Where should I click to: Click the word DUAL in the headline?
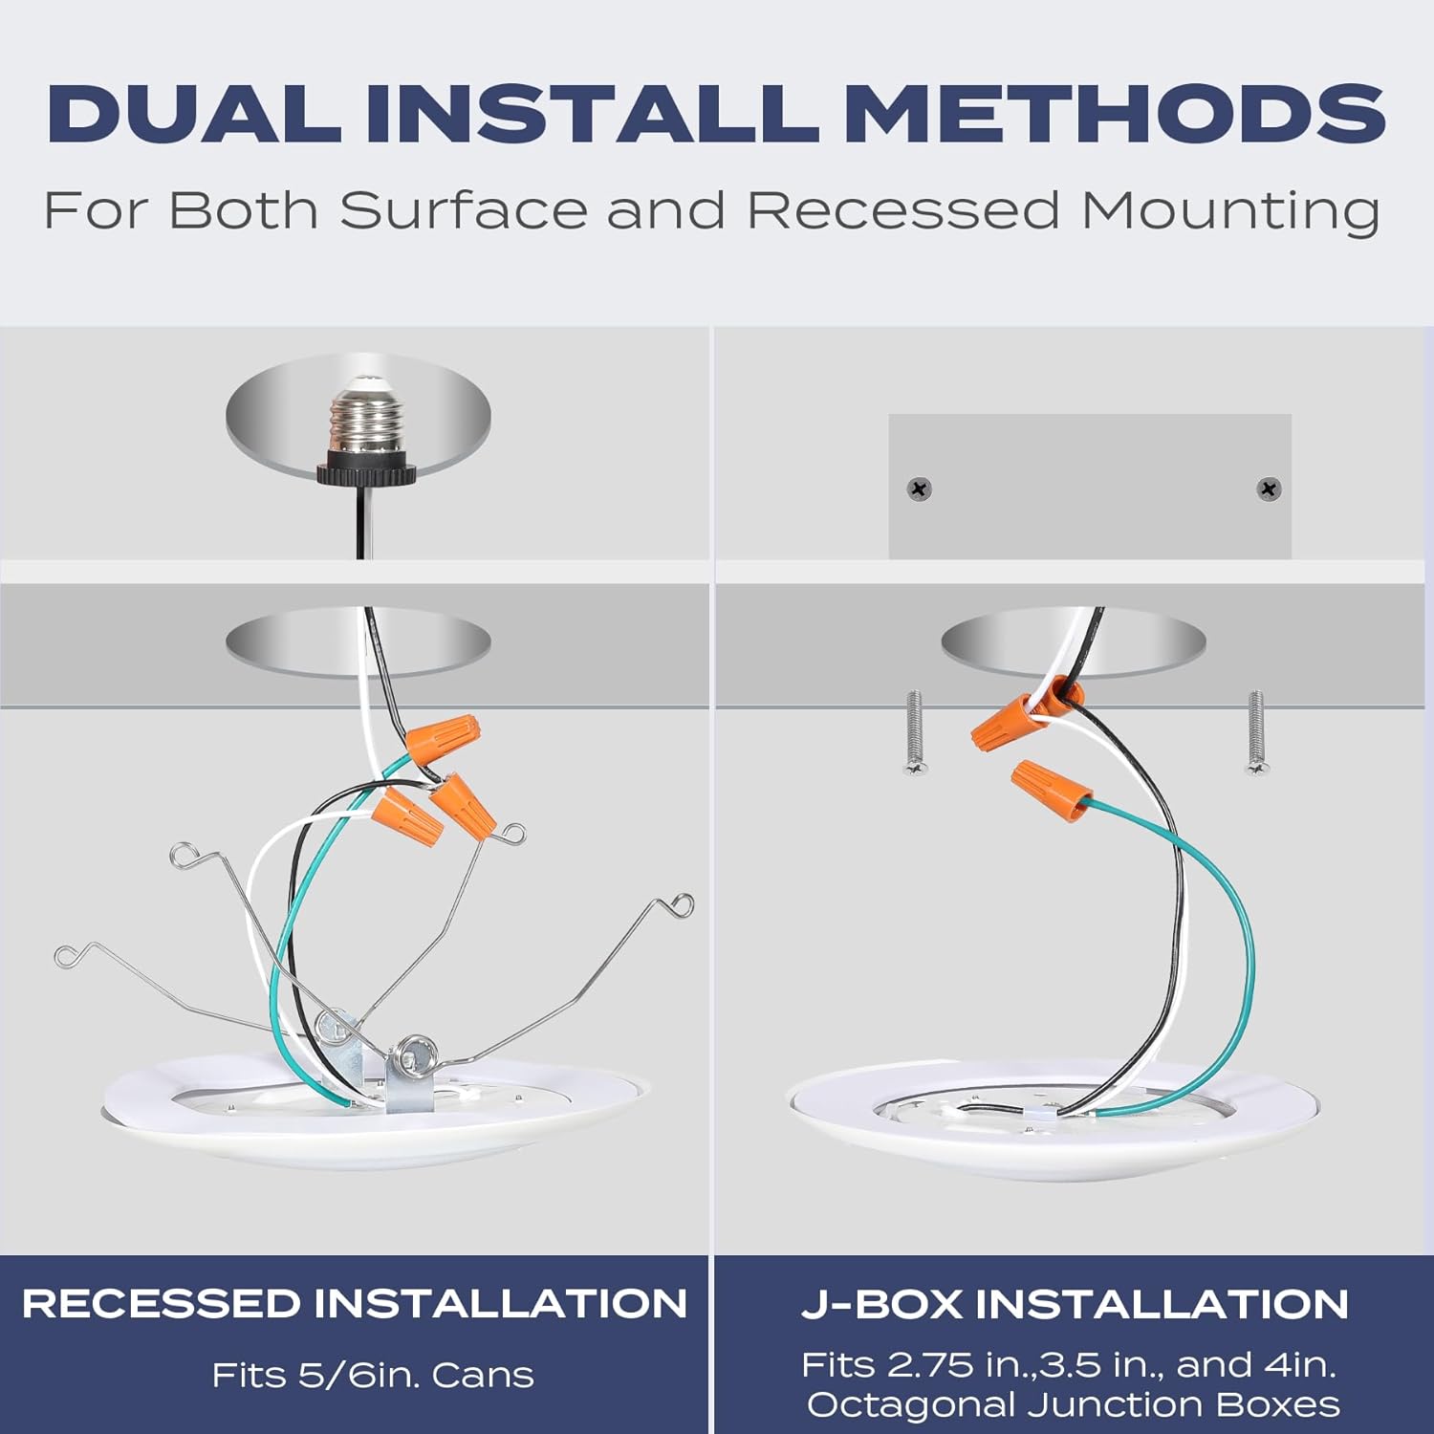[x=194, y=114]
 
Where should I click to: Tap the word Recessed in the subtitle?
[x=903, y=209]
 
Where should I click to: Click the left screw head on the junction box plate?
[x=919, y=489]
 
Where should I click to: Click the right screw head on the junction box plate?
[x=1269, y=489]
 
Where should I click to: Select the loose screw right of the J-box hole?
[x=1256, y=732]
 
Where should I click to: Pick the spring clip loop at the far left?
[x=67, y=954]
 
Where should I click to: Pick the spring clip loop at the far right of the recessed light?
[x=682, y=904]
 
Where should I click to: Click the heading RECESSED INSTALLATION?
[x=355, y=1304]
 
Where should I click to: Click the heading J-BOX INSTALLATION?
[x=1075, y=1304]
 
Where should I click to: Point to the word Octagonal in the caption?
[x=909, y=1404]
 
